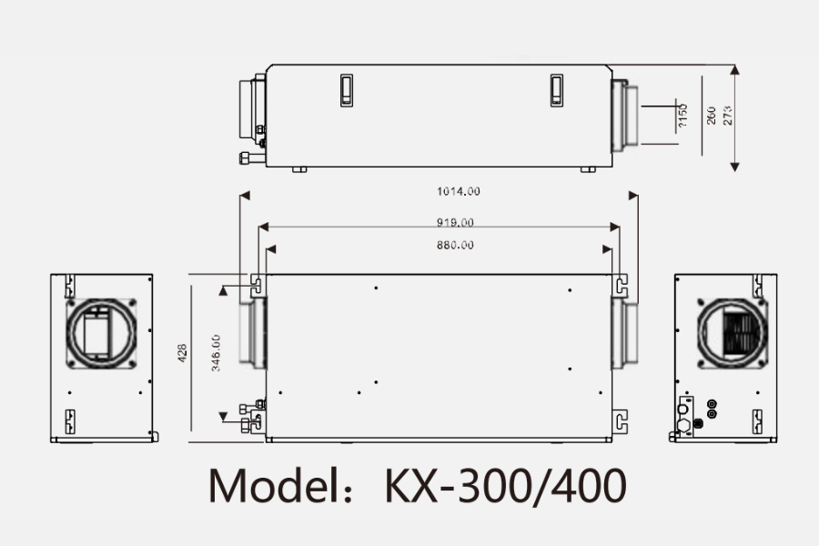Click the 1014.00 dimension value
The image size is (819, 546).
click(x=459, y=191)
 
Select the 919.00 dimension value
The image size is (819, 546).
click(x=454, y=222)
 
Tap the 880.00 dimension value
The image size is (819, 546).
click(x=454, y=245)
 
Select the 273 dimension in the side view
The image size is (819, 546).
click(x=727, y=116)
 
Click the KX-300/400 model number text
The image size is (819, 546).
click(x=506, y=486)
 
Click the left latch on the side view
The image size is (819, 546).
click(x=347, y=90)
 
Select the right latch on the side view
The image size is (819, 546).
click(x=557, y=90)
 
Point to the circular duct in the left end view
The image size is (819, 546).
click(x=101, y=332)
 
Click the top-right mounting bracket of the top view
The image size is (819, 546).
click(x=620, y=285)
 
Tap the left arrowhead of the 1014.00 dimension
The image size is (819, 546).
click(x=243, y=195)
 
